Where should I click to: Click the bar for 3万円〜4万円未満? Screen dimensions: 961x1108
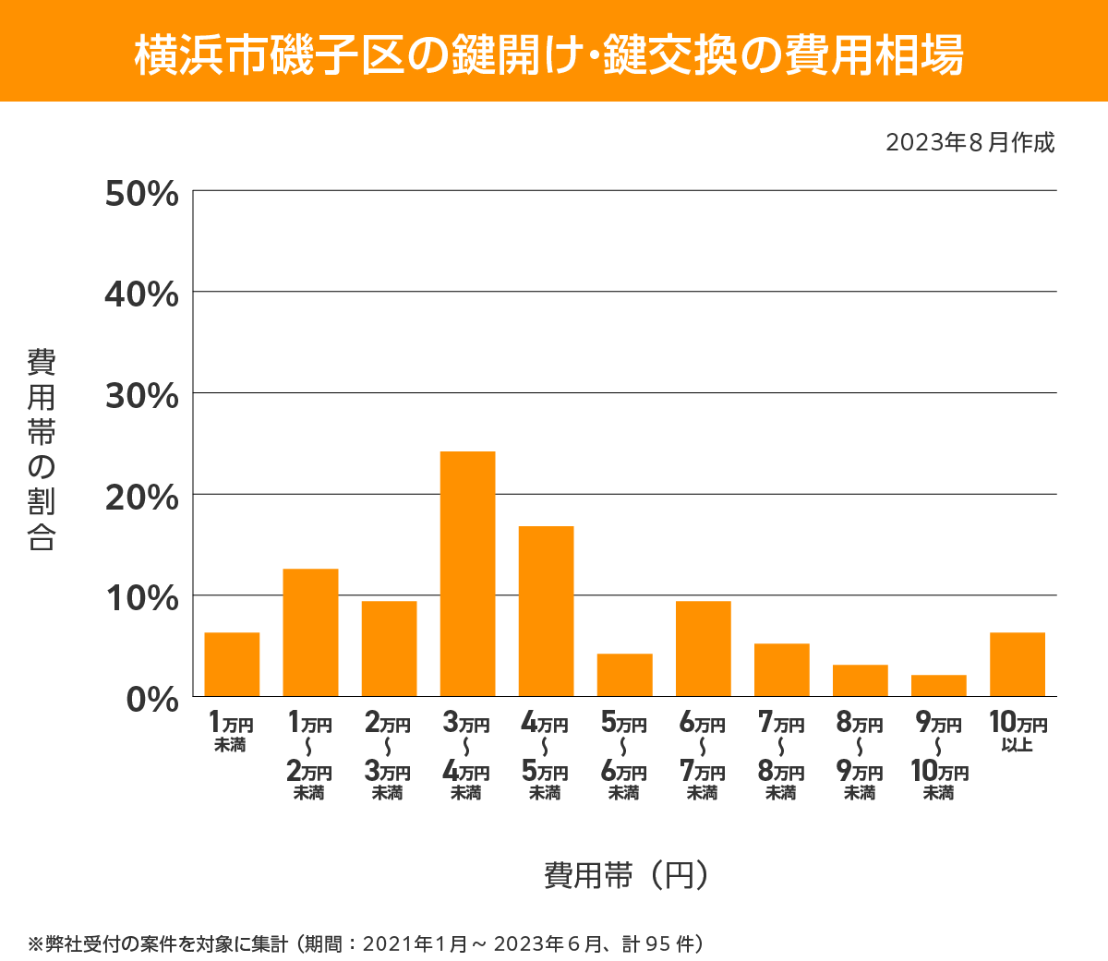point(467,573)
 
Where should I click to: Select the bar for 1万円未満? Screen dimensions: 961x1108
point(232,664)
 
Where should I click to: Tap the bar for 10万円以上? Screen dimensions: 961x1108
point(1017,664)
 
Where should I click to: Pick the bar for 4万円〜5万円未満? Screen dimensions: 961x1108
point(546,610)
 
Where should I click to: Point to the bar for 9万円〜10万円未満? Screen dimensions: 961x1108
point(938,685)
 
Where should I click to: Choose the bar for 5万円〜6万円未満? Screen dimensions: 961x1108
point(624,675)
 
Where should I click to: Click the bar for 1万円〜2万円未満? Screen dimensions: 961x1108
point(310,632)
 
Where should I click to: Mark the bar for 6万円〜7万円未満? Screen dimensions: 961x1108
point(703,648)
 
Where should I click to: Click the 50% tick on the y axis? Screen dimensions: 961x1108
point(142,194)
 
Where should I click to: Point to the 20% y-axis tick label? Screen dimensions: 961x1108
point(142,498)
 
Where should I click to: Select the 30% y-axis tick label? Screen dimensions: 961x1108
point(142,396)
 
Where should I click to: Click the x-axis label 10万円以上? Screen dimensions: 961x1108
point(1018,732)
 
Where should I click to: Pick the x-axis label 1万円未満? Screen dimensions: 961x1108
point(231,732)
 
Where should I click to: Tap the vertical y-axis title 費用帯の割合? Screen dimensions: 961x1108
point(42,450)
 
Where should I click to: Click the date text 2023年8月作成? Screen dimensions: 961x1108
point(969,143)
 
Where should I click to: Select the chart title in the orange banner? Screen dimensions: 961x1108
point(549,54)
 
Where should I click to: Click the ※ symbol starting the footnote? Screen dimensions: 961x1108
point(36,944)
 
